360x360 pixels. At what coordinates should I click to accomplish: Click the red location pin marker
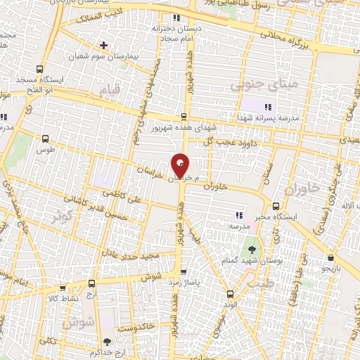pos(180,165)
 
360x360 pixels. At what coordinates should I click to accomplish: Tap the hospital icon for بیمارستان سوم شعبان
pos(104,44)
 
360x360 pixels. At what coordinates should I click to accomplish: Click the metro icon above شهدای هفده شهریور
pos(184,117)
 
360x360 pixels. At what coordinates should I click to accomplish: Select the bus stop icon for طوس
pos(46,139)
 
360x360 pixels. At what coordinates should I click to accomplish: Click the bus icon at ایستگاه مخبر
pos(275,207)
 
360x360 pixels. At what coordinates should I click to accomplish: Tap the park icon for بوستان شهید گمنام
pos(251,250)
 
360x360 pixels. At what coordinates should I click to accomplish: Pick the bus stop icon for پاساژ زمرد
pos(184,270)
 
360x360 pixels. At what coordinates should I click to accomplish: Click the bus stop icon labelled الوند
pos(229,294)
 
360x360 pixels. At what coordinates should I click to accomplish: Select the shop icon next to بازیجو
pos(330,257)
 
